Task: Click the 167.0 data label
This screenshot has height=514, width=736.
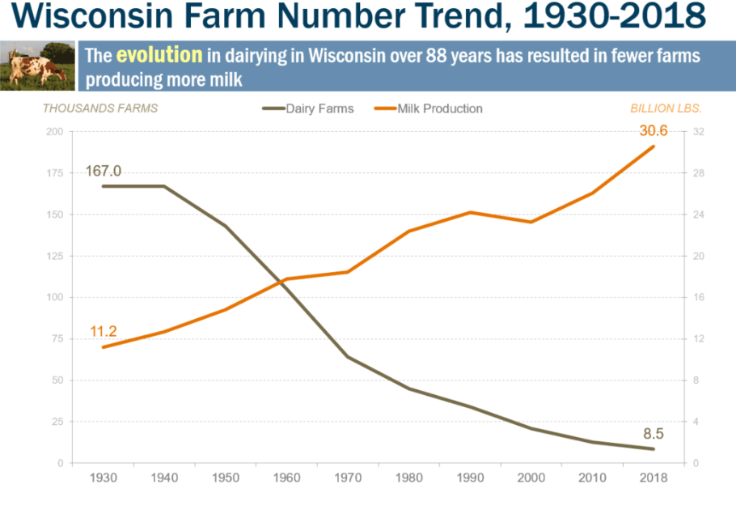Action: (104, 171)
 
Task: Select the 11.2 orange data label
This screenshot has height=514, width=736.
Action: (104, 331)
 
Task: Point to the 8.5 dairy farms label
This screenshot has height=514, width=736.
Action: (652, 433)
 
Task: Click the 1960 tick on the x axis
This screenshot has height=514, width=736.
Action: (286, 478)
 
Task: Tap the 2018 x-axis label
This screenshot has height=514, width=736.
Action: (653, 478)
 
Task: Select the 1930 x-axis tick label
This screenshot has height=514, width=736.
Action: (104, 478)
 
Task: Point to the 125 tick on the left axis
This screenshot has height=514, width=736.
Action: (53, 257)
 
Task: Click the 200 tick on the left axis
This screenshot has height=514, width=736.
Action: (53, 132)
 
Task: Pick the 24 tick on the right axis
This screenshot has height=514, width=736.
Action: (699, 215)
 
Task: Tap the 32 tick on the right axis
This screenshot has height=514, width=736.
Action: (699, 132)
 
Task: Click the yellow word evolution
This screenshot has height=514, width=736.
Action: (159, 56)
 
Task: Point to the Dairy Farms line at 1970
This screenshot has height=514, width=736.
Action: (348, 357)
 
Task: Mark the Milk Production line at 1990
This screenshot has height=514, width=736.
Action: (470, 212)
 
